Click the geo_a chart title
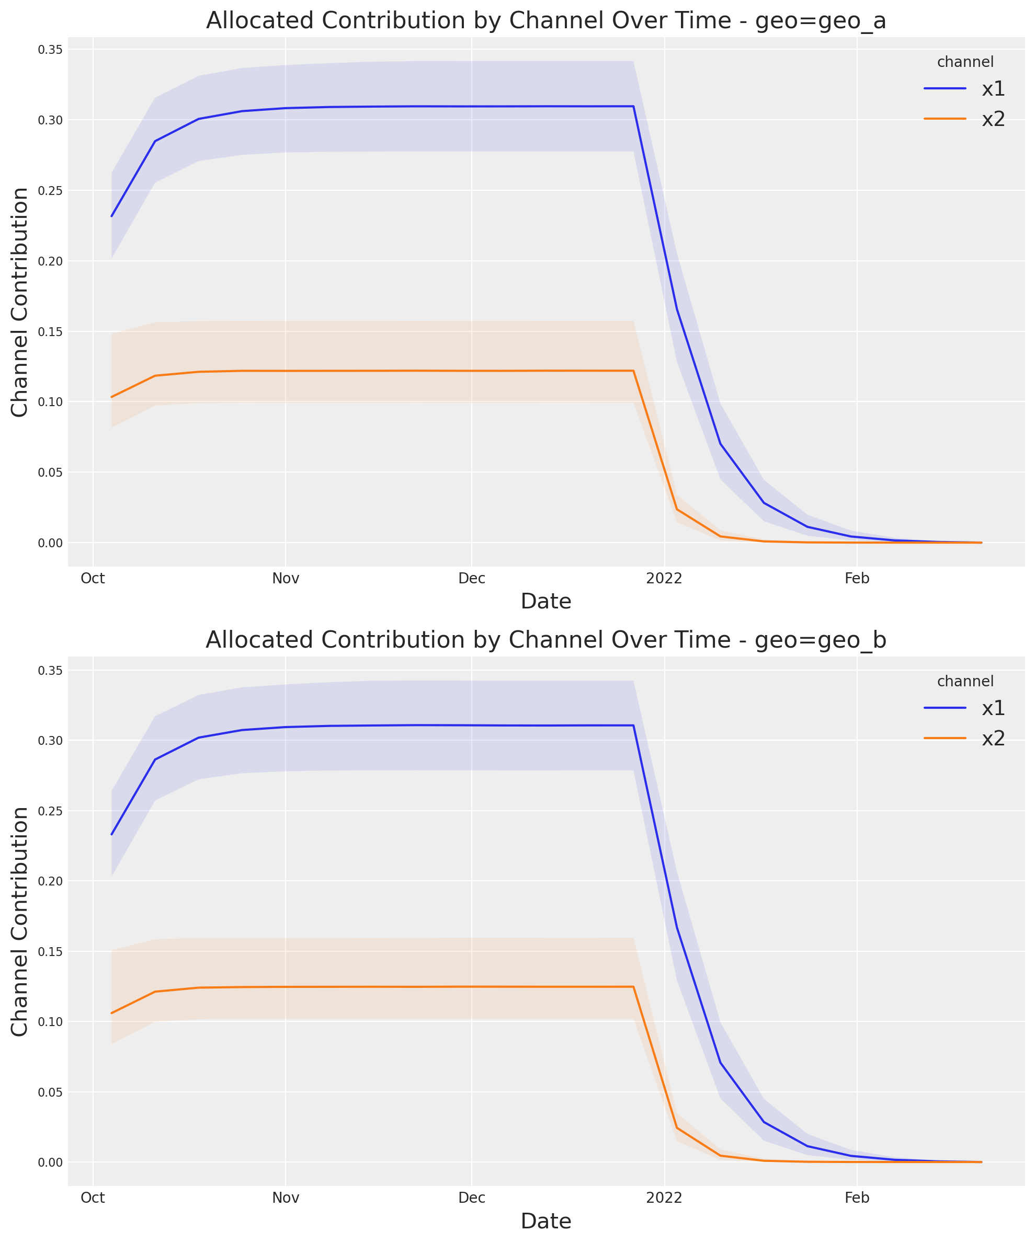(x=545, y=21)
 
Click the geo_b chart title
(x=545, y=640)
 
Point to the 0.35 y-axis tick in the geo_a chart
(x=50, y=50)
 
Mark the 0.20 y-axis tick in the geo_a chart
(x=50, y=261)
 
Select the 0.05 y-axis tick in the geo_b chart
(x=50, y=1092)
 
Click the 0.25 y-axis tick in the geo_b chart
(x=50, y=811)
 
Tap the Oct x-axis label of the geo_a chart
(x=93, y=579)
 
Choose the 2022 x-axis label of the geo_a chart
(x=664, y=579)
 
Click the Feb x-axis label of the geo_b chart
(x=857, y=1198)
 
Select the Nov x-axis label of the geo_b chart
(x=286, y=1198)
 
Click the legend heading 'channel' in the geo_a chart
(x=965, y=62)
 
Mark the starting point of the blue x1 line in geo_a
(x=111, y=216)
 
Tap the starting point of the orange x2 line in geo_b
(x=111, y=1014)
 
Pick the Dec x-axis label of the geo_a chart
(x=472, y=579)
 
